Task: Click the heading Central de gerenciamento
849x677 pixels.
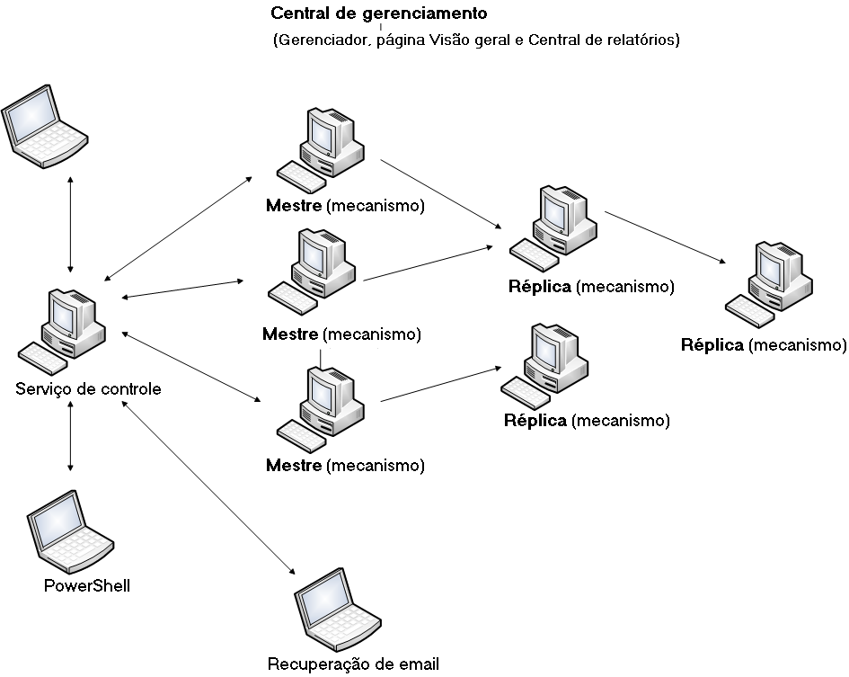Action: (x=378, y=14)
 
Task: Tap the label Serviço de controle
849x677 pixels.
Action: (x=88, y=389)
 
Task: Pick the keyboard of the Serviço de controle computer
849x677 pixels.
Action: (x=41, y=357)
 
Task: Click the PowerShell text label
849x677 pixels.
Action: (x=87, y=585)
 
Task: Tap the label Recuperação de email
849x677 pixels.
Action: (x=353, y=664)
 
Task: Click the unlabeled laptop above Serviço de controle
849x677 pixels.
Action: (x=43, y=123)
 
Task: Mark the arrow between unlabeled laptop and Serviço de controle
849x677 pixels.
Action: (x=71, y=224)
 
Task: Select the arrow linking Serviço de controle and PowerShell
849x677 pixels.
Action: (x=70, y=437)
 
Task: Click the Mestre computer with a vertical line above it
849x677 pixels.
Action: (x=320, y=409)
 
